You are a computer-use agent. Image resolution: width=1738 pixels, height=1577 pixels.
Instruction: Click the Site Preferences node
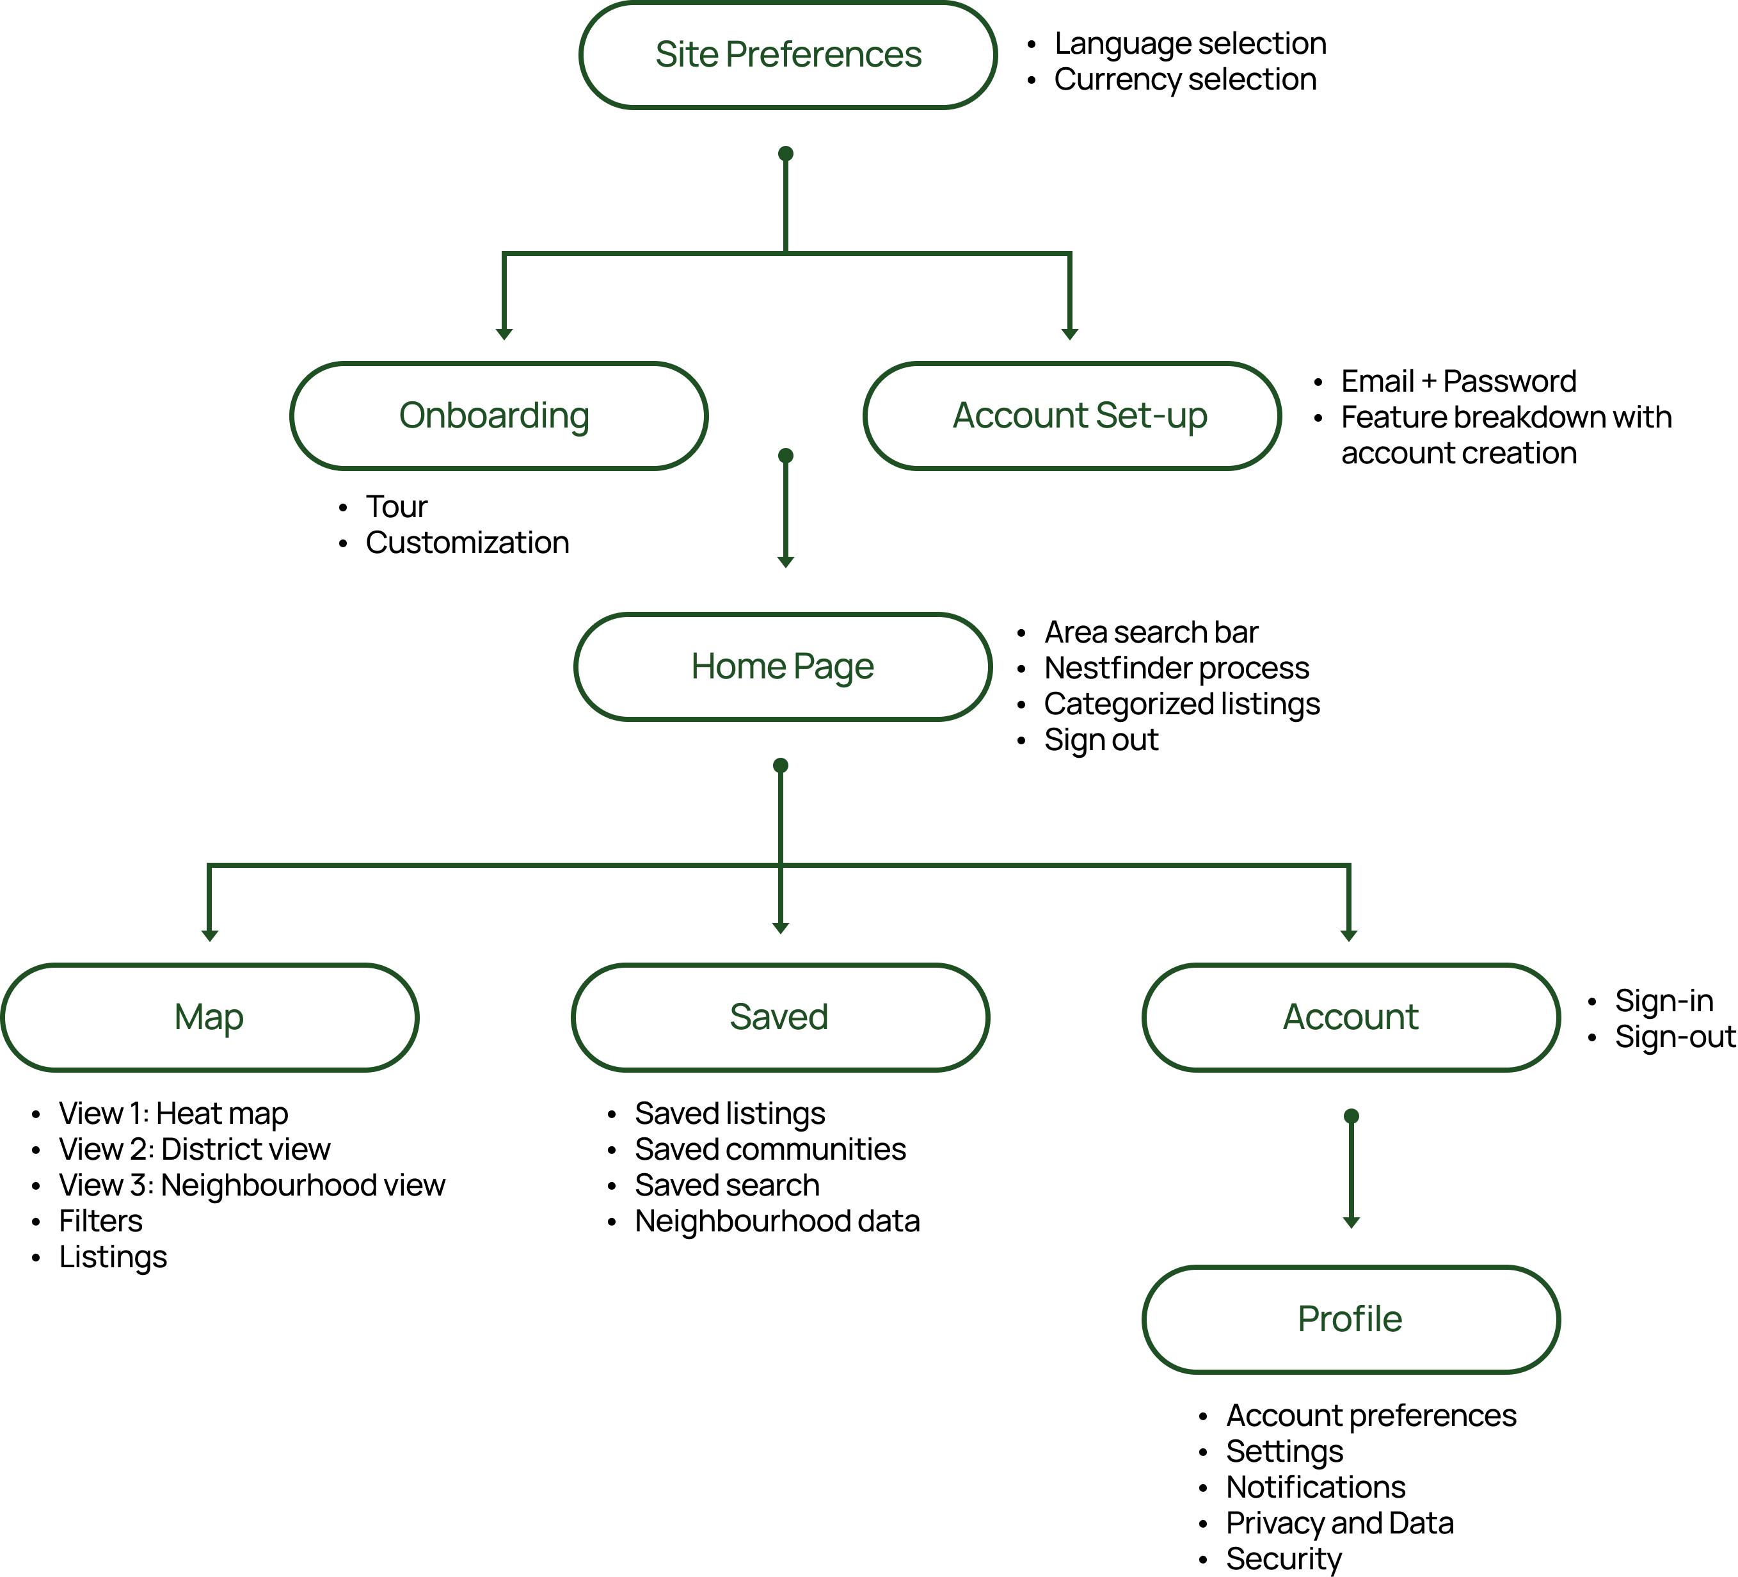click(788, 55)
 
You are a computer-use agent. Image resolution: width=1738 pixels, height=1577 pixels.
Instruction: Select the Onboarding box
click(498, 415)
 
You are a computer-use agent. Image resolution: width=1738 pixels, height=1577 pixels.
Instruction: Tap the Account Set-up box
click(1072, 415)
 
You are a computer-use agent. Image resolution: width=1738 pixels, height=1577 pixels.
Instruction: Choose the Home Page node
click(783, 666)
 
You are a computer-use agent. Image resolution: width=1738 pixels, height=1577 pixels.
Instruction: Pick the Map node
click(209, 1018)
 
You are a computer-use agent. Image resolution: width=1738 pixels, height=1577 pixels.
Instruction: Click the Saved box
click(780, 1018)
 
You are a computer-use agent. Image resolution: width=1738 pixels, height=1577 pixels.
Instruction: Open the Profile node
click(1351, 1319)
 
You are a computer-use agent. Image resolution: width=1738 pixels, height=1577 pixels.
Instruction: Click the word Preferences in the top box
click(824, 55)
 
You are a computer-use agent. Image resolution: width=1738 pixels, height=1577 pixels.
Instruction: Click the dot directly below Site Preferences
click(785, 154)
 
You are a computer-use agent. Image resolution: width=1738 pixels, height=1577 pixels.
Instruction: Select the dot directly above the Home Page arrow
click(785, 455)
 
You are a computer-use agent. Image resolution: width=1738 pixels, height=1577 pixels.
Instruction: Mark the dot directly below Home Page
click(780, 765)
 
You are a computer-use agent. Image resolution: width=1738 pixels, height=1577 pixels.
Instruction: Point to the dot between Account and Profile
click(1351, 1116)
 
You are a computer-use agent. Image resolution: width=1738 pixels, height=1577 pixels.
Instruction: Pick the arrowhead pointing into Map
click(209, 936)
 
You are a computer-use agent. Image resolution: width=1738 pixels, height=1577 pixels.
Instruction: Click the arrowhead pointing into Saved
click(780, 928)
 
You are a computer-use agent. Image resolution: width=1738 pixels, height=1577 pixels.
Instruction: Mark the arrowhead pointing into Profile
click(1351, 1222)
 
